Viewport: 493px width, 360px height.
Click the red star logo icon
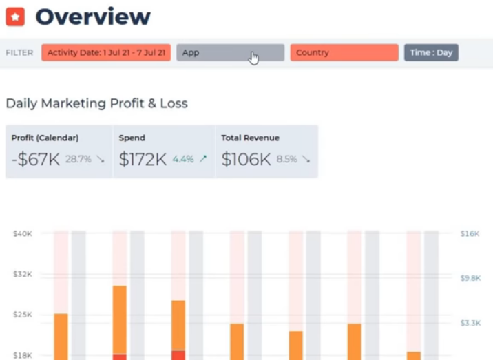pyautogui.click(x=15, y=16)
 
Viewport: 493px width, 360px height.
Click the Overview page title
pyautogui.click(x=93, y=16)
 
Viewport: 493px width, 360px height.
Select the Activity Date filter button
pyautogui.click(x=105, y=52)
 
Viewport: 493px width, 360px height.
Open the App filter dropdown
pyautogui.click(x=230, y=52)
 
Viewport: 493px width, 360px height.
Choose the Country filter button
pyautogui.click(x=344, y=52)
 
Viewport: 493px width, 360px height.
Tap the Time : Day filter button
pyautogui.click(x=430, y=52)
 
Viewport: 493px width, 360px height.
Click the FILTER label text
pyautogui.click(x=19, y=52)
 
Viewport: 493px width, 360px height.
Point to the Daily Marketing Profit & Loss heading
pyautogui.click(x=96, y=103)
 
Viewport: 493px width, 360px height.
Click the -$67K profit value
pyautogui.click(x=36, y=159)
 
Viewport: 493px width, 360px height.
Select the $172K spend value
pyautogui.click(x=143, y=159)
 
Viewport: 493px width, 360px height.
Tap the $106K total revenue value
pyautogui.click(x=246, y=159)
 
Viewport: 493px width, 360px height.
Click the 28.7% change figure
pyautogui.click(x=78, y=159)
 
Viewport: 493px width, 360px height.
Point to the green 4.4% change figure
pyautogui.click(x=183, y=159)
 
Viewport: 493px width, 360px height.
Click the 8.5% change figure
pyautogui.click(x=286, y=159)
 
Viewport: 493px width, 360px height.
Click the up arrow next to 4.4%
pyautogui.click(x=202, y=159)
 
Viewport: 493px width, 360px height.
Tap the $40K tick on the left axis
pyautogui.click(x=23, y=233)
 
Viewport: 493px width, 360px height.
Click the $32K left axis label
pyautogui.click(x=23, y=274)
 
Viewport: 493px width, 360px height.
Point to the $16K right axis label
pyautogui.click(x=470, y=233)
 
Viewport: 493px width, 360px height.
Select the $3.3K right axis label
pyautogui.click(x=470, y=322)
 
